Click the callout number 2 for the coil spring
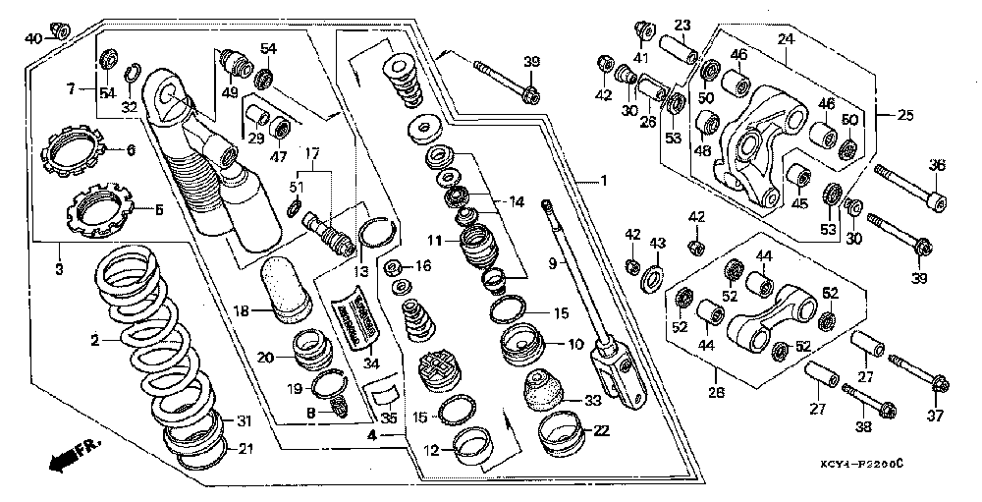coord(95,341)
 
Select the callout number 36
coord(936,165)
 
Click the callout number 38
coord(862,427)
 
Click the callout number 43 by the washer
coord(658,242)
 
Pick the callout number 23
coord(682,26)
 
